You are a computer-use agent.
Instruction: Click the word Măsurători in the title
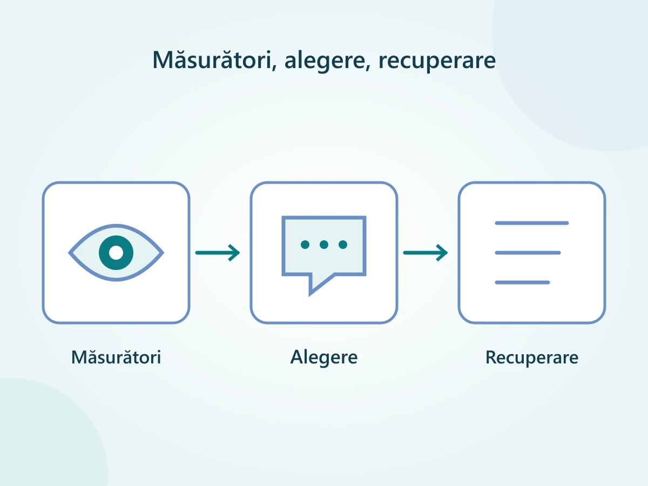click(212, 59)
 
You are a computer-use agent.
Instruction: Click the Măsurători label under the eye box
click(116, 357)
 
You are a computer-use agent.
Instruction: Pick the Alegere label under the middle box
click(324, 357)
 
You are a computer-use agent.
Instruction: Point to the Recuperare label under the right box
click(532, 358)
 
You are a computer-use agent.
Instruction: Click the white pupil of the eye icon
click(116, 253)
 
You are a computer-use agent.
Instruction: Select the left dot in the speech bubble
click(305, 245)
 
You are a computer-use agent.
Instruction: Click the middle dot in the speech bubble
click(324, 245)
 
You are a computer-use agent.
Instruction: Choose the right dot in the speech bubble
click(343, 245)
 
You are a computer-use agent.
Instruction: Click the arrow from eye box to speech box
click(218, 253)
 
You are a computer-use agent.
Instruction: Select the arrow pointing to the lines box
click(426, 253)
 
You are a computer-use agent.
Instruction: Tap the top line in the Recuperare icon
click(532, 223)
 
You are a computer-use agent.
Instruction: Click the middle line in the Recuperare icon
click(528, 253)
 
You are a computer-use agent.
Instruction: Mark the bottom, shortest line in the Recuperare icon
click(522, 282)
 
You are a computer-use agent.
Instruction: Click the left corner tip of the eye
click(69, 253)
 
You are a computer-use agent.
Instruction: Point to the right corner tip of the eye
click(163, 253)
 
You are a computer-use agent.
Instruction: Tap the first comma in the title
click(274, 67)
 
